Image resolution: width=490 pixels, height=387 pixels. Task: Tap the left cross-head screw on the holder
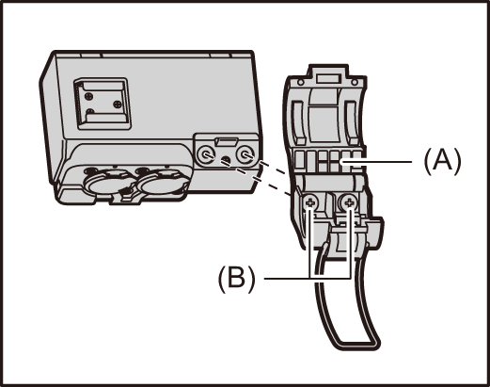click(x=311, y=202)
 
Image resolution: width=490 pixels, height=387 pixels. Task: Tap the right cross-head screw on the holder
click(x=350, y=202)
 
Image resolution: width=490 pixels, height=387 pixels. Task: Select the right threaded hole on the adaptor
click(x=247, y=153)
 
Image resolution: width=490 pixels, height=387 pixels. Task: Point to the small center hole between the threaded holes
click(x=226, y=161)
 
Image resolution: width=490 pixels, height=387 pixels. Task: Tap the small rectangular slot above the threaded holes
click(x=227, y=142)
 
